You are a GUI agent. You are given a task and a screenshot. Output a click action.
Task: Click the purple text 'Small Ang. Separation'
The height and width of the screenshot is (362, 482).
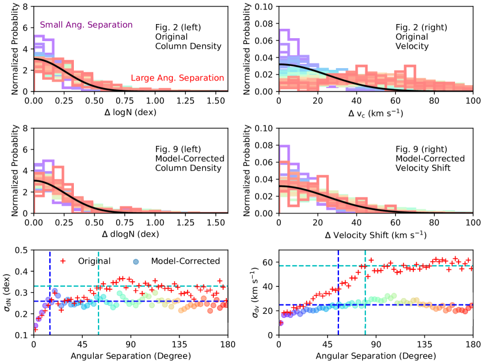point(86,25)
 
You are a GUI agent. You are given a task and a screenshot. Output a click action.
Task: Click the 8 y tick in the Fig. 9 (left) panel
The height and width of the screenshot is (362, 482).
point(26,128)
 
